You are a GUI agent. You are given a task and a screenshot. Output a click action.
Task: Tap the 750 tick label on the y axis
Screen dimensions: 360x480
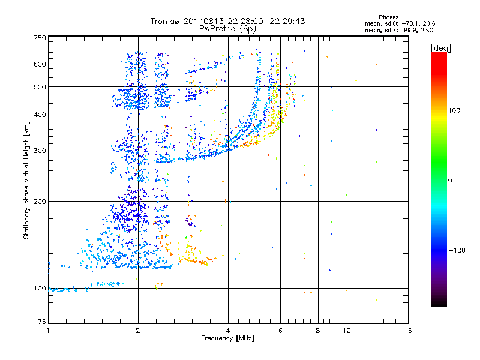point(40,37)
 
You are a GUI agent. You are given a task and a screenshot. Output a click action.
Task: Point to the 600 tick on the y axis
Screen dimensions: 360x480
point(40,64)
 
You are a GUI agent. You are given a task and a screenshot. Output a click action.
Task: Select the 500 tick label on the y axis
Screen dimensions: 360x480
point(40,86)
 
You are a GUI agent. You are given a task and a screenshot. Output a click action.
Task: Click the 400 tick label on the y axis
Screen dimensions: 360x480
point(40,115)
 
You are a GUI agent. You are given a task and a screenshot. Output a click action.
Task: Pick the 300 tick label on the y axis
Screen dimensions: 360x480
point(40,151)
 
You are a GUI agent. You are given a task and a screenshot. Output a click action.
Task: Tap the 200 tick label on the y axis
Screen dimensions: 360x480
point(40,201)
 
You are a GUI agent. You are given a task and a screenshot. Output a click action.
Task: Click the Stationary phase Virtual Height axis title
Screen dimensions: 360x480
point(26,180)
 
